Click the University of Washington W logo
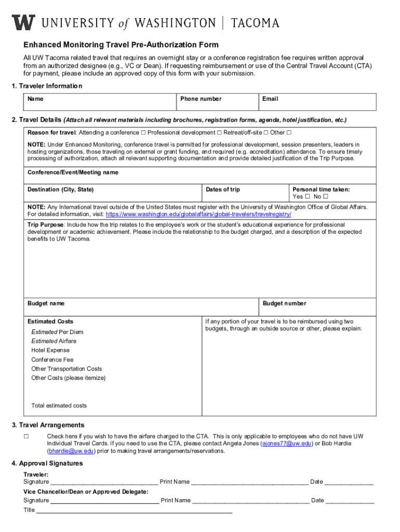coord(24,22)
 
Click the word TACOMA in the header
coord(255,23)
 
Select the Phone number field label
coord(201,99)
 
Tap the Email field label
coord(270,99)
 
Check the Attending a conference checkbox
coord(143,132)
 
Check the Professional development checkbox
coord(219,132)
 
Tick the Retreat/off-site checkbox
coord(265,132)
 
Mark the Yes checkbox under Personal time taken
coord(307,197)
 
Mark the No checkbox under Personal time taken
coord(326,197)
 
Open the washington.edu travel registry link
coord(198,214)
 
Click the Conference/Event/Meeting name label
coord(73,172)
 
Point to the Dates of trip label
coord(223,190)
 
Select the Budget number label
coord(284,303)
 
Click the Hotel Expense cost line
coord(50,351)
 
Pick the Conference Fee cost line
coord(52,360)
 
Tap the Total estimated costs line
coord(59,406)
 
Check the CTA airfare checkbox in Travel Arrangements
coord(26,436)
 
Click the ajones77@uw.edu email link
coord(287,444)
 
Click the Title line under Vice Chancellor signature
coord(134,510)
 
